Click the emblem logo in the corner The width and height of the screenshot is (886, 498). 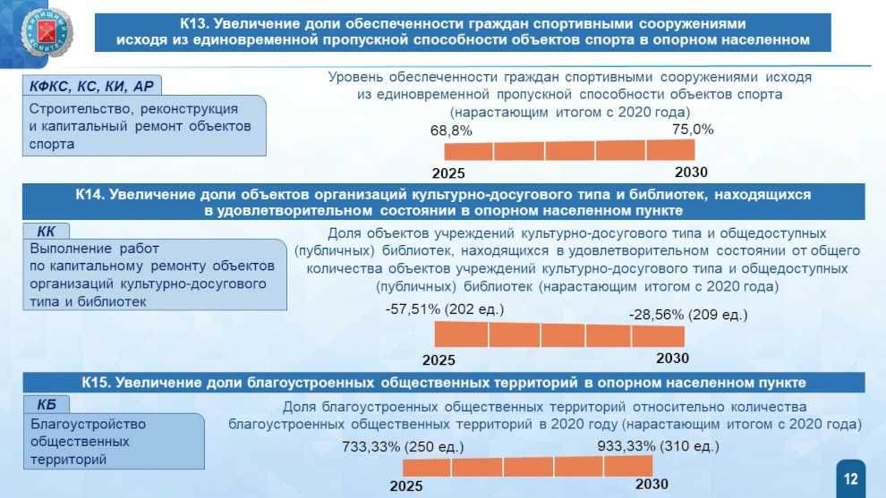coord(47,32)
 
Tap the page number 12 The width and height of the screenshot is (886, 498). coord(850,479)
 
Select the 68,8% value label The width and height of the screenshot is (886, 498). coord(451,131)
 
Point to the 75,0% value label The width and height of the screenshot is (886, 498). coord(693,130)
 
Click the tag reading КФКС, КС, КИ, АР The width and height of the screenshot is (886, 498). coord(91,86)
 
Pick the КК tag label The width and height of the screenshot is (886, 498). coord(46,232)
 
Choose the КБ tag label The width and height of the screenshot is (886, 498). coord(47,405)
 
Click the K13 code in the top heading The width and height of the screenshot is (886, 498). coord(194,24)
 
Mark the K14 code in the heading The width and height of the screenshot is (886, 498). coord(89,195)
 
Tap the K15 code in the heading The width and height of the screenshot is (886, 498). coord(97,383)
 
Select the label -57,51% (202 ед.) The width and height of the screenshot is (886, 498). coord(445,308)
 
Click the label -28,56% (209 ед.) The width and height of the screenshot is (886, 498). coord(688,315)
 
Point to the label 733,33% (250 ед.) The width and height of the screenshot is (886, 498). coord(403,447)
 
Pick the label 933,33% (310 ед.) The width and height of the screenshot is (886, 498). coord(659,446)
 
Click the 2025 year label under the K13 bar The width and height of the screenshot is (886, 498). coord(448,173)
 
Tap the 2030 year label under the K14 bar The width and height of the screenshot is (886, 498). coord(672,358)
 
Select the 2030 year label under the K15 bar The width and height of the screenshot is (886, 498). coord(652,484)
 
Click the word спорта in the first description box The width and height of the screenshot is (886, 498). coord(51,145)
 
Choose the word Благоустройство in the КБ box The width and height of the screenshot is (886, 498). coord(88,424)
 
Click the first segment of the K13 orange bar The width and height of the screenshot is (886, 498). coord(468,151)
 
